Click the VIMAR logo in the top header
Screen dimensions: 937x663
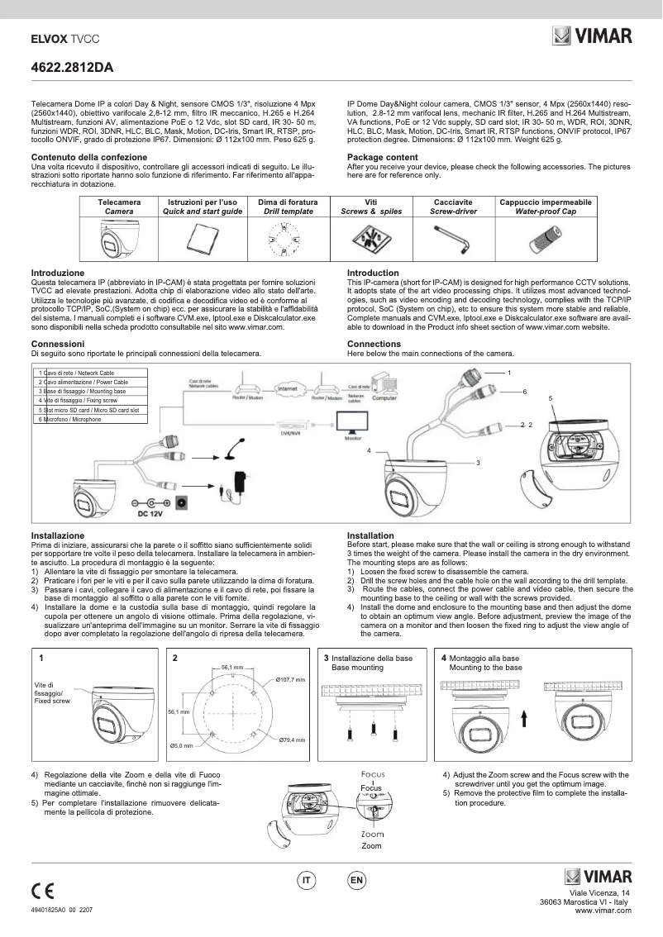(593, 36)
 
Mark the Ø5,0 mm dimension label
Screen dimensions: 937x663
(181, 746)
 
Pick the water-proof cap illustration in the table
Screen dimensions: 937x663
(545, 240)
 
